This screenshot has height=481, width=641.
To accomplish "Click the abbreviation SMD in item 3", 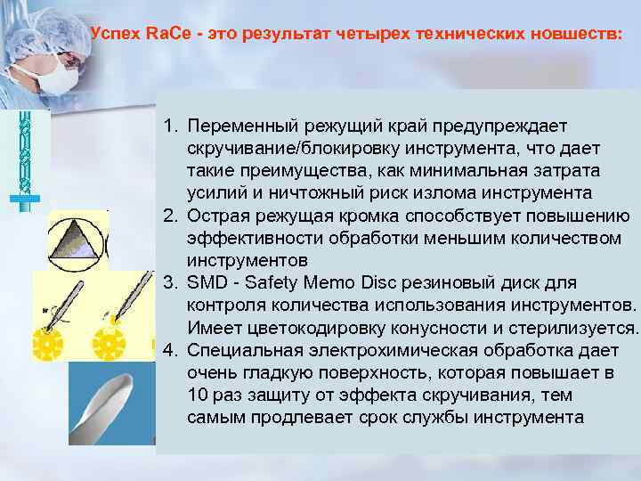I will [x=207, y=283].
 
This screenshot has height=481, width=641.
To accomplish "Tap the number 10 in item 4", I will [x=198, y=395].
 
